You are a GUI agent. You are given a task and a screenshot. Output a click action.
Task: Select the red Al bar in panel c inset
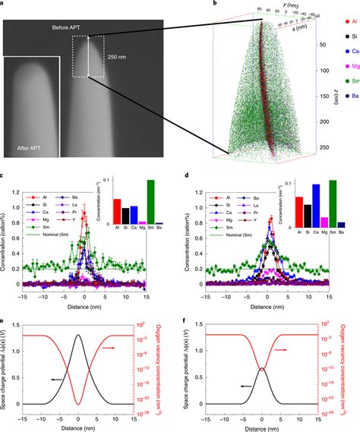(x=116, y=213)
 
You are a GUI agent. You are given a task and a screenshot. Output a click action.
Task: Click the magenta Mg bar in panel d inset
(x=324, y=222)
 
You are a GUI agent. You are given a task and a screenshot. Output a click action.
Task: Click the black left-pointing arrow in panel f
(x=244, y=386)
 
